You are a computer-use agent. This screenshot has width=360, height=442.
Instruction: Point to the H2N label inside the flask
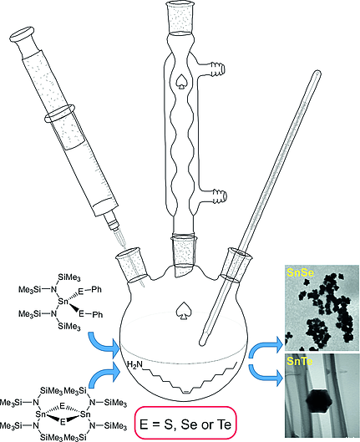(139, 365)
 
